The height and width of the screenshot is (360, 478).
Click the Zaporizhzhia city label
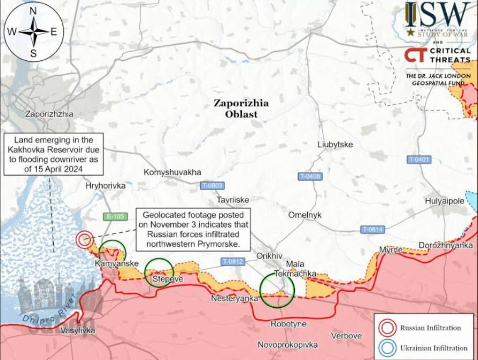[x=49, y=114]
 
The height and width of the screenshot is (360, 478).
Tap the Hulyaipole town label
[x=444, y=201]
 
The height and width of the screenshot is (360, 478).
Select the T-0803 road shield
[x=212, y=185]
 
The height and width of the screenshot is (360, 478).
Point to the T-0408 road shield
[x=310, y=176]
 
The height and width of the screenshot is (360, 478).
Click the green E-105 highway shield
[x=114, y=217]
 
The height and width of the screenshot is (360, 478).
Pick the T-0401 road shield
[x=419, y=160]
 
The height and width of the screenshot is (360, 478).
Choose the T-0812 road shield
[x=233, y=262]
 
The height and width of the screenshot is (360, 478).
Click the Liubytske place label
[x=335, y=145]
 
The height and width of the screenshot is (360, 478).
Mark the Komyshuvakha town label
[x=172, y=172]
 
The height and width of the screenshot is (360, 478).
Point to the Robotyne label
[x=288, y=324]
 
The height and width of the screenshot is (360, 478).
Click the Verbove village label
[x=346, y=336]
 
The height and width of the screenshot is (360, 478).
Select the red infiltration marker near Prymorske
[x=84, y=240]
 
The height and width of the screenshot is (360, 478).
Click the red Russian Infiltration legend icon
[x=386, y=328]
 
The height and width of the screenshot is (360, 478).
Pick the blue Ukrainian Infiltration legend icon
[x=386, y=348]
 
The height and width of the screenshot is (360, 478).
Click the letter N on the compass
[x=33, y=11]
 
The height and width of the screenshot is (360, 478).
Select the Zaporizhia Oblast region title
[x=241, y=109]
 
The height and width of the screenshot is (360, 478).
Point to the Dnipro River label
[x=46, y=313]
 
